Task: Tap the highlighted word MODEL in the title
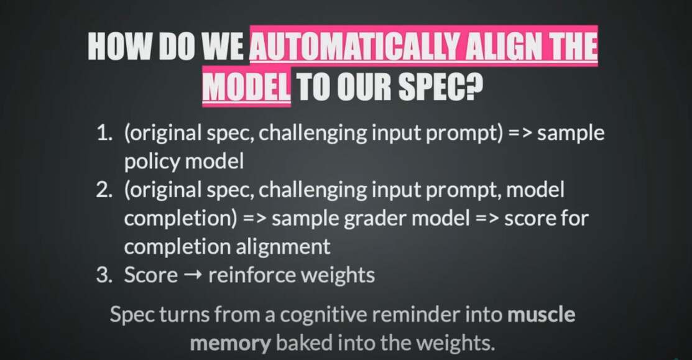pos(247,86)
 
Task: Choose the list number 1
pos(104,133)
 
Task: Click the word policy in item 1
pos(152,162)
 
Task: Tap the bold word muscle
pos(542,315)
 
